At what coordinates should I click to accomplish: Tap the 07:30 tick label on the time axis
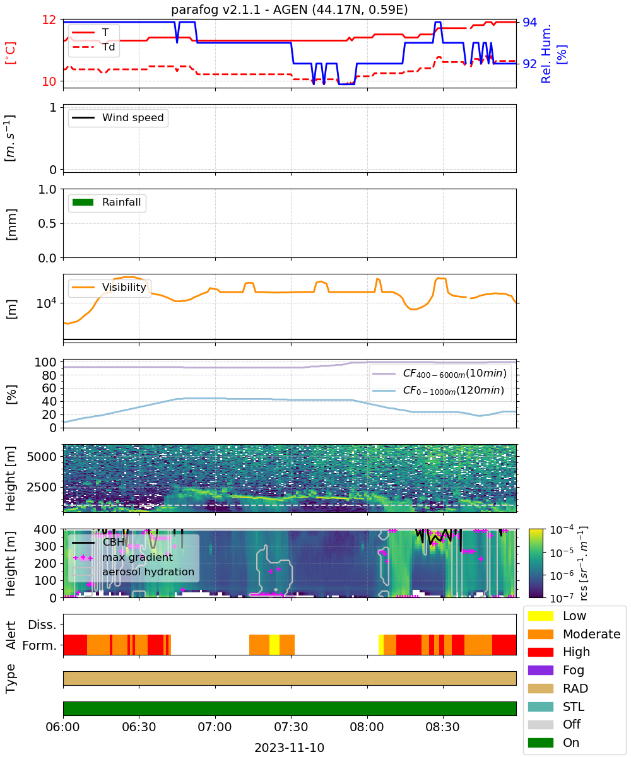coord(291,727)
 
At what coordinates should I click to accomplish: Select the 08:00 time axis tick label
coord(367,727)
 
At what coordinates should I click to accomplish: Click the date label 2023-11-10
coord(290,747)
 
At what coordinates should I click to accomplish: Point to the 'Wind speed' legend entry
coord(118,117)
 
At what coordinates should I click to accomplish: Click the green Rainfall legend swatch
coord(83,202)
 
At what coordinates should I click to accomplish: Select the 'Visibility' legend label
coord(124,287)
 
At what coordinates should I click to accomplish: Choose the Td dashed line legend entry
coord(93,47)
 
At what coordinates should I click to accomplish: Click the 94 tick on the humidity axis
coord(529,23)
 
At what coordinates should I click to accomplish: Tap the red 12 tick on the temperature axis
coord(49,20)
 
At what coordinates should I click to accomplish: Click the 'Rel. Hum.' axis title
coord(545,54)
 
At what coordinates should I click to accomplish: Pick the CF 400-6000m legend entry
coord(439,373)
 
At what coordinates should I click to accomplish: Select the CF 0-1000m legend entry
coord(438,390)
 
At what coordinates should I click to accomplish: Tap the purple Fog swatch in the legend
coord(540,670)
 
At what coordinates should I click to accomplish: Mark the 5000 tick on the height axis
coord(42,457)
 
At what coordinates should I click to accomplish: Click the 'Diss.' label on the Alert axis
coord(42,625)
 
